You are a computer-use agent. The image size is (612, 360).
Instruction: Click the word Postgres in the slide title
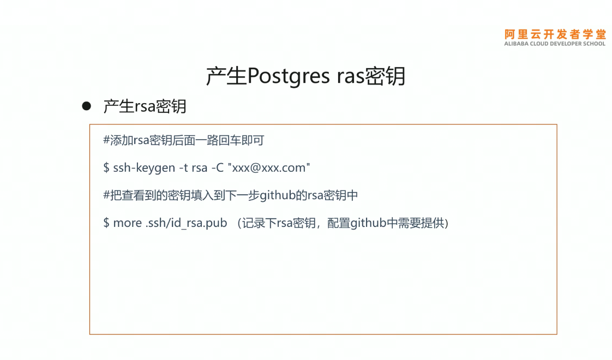287,77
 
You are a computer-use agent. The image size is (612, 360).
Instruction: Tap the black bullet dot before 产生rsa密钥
86,106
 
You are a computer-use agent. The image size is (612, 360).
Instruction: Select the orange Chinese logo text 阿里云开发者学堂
555,34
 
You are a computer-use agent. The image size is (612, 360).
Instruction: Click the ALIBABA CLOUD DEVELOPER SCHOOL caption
555,44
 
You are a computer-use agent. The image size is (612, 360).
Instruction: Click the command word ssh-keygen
144,168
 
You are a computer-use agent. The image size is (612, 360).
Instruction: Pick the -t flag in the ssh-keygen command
183,168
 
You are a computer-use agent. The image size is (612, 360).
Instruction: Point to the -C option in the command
217,168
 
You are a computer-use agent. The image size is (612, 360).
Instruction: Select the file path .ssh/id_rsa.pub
186,223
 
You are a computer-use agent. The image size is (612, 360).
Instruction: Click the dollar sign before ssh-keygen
106,168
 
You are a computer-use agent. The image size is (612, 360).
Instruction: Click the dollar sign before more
106,223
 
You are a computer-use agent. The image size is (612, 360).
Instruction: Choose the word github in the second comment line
278,195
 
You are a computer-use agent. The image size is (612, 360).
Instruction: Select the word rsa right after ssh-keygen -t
199,168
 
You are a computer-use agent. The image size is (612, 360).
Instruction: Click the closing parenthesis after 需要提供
446,223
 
